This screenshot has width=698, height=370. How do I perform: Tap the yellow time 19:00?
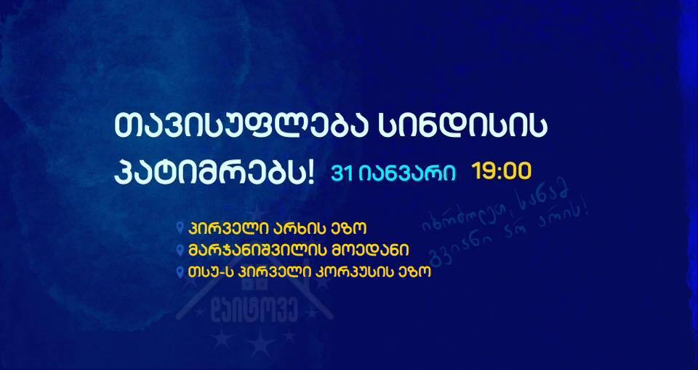tap(502, 172)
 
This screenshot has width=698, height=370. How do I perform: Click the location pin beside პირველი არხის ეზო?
tap(181, 227)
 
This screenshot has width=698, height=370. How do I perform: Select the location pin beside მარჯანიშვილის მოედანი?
tap(181, 250)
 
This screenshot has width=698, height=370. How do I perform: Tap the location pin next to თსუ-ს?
tap(181, 273)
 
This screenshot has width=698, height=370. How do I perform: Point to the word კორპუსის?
tap(360, 273)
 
